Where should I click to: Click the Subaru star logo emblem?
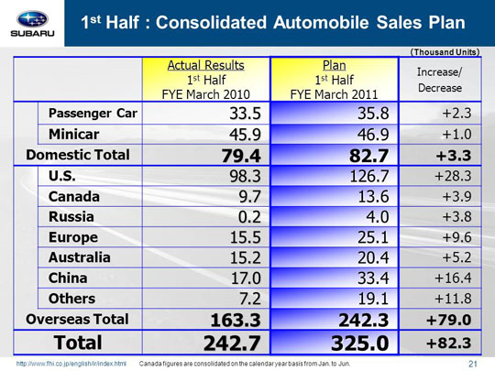point(32,19)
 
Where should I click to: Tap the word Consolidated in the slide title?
point(211,23)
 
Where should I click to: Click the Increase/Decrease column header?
point(440,80)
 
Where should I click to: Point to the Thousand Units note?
point(445,52)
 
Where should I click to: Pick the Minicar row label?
point(74,135)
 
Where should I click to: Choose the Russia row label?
point(71,217)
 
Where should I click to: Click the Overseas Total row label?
point(77,320)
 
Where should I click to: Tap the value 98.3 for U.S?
point(246,176)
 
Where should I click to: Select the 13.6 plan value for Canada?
point(373,197)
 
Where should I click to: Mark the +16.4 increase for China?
point(453,278)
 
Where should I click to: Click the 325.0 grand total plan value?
point(360,343)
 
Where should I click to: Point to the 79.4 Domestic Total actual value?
point(241,156)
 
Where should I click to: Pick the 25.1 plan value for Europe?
point(373,237)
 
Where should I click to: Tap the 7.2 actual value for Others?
point(250,299)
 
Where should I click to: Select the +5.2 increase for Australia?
point(456,257)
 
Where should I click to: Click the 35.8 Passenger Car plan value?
point(373,114)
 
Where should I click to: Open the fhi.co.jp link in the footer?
point(71,364)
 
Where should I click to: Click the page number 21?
point(473,364)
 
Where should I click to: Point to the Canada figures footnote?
point(245,364)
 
